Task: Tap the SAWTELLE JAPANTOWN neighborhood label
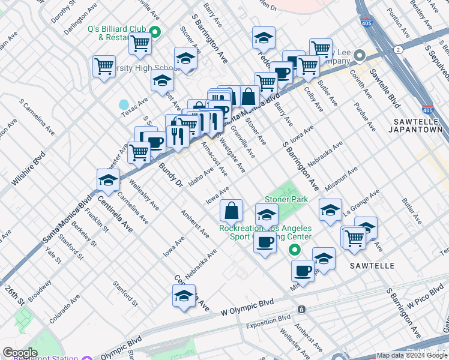point(418,125)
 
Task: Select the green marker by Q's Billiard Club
point(155,32)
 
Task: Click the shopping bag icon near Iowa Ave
point(231,211)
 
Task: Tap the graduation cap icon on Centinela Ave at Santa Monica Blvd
point(108,179)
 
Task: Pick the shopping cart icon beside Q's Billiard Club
point(140,43)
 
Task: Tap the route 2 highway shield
point(399,50)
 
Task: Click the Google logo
point(20,353)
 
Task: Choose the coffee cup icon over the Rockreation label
point(265,243)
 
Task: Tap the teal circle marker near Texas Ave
point(124,106)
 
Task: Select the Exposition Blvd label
point(268,321)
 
